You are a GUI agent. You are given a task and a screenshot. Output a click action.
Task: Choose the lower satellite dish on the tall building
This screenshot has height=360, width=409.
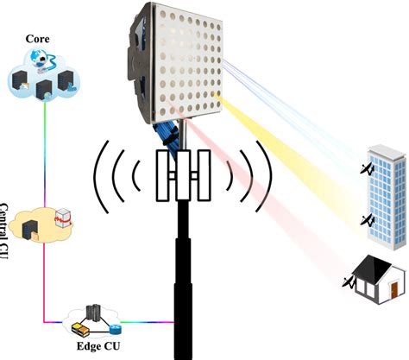click(368, 223)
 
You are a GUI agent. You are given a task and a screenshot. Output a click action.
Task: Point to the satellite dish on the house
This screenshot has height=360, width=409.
click(349, 281)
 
